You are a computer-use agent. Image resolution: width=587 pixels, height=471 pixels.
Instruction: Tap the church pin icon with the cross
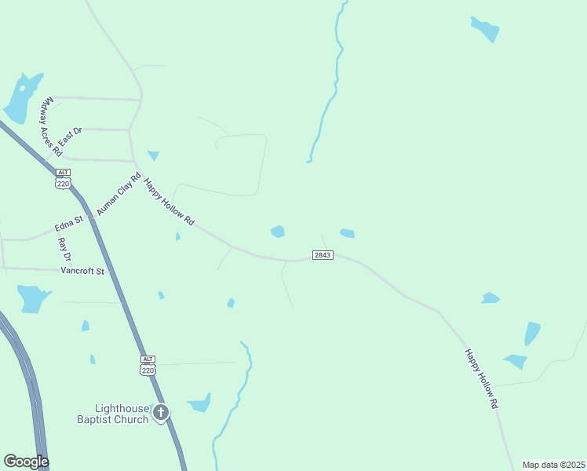pos(161,412)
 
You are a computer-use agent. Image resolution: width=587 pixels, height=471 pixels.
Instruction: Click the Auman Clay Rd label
pos(118,195)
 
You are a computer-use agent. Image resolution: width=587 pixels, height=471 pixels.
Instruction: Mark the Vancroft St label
pos(82,271)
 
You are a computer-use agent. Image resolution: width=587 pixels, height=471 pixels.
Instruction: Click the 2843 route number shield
pos(323,255)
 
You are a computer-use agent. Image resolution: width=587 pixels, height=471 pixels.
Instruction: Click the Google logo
pos(26,462)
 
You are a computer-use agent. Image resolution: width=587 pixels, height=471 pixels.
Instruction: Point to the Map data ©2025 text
pos(552,465)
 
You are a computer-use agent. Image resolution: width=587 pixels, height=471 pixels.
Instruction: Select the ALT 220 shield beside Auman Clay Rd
pos(63,178)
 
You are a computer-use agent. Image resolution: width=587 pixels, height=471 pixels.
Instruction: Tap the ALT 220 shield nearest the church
pos(148,365)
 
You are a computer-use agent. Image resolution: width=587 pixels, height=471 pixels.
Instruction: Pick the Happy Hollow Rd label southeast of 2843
pos(482,378)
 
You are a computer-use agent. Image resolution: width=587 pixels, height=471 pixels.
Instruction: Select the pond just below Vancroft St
pos(32,298)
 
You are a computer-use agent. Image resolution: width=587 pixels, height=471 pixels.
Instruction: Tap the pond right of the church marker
pos(201,403)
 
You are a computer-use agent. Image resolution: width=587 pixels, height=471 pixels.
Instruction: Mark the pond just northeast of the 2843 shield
pos(347,233)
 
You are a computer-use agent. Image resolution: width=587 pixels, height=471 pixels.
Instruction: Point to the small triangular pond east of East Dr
pos(153,155)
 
